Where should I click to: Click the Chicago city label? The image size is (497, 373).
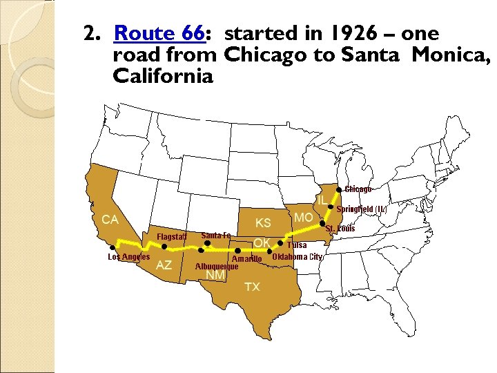tap(358, 189)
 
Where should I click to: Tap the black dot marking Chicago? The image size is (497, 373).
tap(338, 190)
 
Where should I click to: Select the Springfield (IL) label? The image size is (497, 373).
tap(364, 209)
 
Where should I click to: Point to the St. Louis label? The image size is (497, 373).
tap(340, 229)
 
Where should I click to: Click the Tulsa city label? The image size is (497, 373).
tap(297, 245)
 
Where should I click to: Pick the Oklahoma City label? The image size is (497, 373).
tap(298, 257)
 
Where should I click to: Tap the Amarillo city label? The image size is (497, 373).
tap(246, 259)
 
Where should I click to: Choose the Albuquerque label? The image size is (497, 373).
tap(217, 266)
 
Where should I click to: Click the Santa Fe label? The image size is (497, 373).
tap(216, 236)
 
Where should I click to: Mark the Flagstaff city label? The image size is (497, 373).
tap(172, 237)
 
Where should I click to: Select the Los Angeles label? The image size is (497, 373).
tap(129, 257)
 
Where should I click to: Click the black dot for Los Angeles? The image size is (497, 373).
tap(113, 247)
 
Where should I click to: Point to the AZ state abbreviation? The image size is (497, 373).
tap(164, 265)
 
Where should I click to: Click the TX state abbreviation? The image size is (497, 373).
tap(252, 287)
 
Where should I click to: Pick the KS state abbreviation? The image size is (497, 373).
tap(263, 223)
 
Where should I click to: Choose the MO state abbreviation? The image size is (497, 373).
tap(303, 218)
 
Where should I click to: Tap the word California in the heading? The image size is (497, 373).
tap(162, 75)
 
